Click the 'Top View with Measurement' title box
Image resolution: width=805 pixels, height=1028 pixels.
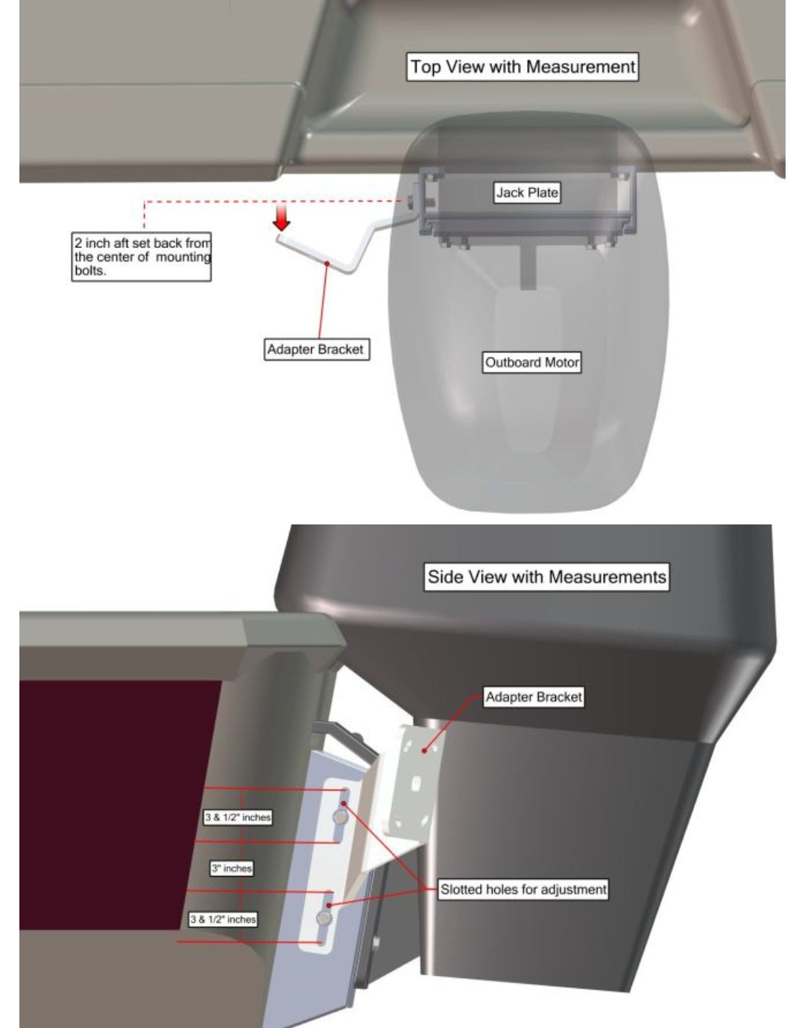pyautogui.click(x=522, y=67)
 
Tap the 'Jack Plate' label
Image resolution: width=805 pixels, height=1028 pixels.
pyautogui.click(x=527, y=192)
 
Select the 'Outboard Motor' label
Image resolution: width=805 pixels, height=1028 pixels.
pyautogui.click(x=531, y=362)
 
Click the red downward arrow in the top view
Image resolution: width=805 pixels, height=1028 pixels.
pyautogui.click(x=282, y=217)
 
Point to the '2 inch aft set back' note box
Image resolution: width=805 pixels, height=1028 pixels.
pyautogui.click(x=141, y=257)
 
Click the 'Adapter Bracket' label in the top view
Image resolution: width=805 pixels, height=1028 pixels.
pyautogui.click(x=316, y=349)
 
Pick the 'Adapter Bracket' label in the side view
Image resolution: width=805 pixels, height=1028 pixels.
pyautogui.click(x=534, y=697)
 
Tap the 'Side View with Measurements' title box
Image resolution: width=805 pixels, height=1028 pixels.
pyautogui.click(x=546, y=577)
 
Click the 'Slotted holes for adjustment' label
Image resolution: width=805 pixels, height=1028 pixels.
pyautogui.click(x=523, y=889)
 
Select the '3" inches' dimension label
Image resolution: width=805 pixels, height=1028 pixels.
pyautogui.click(x=232, y=869)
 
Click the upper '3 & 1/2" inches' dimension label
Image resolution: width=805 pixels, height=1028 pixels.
pyautogui.click(x=238, y=817)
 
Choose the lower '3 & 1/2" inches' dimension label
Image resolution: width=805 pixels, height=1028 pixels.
pyautogui.click(x=223, y=919)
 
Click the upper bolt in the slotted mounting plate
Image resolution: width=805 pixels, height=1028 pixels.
pyautogui.click(x=340, y=817)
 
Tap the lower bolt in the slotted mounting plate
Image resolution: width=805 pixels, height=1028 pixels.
pyautogui.click(x=324, y=918)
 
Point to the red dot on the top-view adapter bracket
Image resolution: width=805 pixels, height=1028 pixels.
pyautogui.click(x=326, y=263)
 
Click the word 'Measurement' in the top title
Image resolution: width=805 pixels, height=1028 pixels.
pyautogui.click(x=580, y=67)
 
